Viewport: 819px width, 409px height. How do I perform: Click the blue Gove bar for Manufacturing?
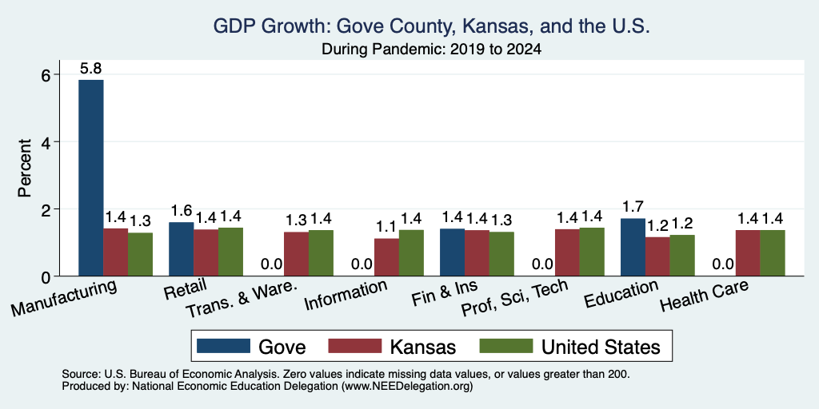[91, 178]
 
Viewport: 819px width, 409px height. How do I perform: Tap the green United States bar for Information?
[411, 253]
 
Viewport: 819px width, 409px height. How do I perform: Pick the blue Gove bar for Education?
[633, 248]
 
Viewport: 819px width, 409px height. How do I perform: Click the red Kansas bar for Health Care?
[748, 253]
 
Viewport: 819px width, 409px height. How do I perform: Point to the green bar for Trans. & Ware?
[321, 253]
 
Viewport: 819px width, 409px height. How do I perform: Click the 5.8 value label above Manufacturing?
[90, 69]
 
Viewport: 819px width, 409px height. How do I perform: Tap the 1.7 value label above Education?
[633, 207]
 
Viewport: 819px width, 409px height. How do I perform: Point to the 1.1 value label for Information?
[386, 227]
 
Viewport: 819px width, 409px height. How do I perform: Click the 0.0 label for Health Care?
[723, 264]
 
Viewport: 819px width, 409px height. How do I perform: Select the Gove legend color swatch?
[223, 346]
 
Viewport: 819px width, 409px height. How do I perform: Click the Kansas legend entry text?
[423, 347]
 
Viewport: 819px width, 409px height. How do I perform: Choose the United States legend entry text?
[601, 347]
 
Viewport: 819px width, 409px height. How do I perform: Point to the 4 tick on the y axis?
[51, 142]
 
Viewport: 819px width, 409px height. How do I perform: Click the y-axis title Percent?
[25, 168]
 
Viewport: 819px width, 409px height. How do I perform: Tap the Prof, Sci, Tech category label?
[514, 298]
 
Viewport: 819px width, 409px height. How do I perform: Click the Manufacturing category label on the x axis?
[64, 298]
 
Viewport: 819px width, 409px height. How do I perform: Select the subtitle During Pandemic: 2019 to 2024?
[431, 49]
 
